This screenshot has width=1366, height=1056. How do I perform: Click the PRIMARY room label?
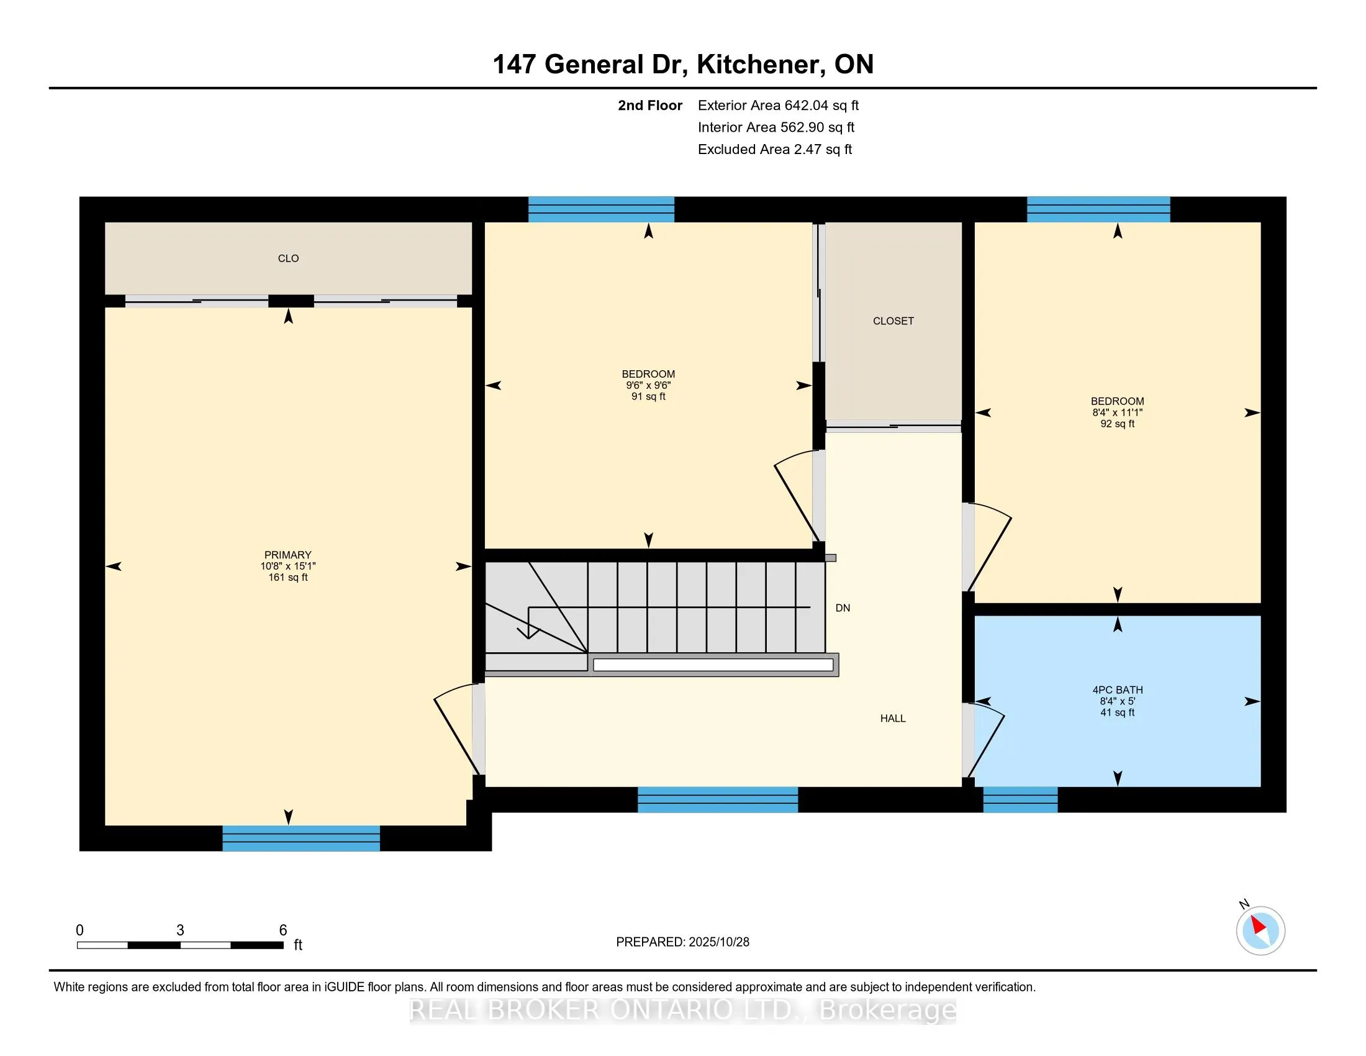point(287,555)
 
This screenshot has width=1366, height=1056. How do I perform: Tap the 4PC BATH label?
point(1118,690)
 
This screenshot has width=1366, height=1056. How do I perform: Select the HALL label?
point(893,718)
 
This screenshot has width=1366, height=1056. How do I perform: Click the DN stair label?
point(843,608)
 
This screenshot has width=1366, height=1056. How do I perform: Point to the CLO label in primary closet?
point(288,258)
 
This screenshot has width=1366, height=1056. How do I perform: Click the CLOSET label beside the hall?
point(893,321)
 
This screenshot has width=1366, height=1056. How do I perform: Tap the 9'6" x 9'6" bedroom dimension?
point(649,385)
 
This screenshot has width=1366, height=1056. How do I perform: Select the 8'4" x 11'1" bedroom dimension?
point(1118,413)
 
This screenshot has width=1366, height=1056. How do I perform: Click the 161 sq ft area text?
point(287,578)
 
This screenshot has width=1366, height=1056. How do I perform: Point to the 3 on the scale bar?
point(180,931)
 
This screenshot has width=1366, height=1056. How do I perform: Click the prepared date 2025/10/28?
point(718,942)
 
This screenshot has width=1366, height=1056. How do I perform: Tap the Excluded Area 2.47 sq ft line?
point(775,149)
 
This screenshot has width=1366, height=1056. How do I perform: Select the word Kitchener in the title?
point(758,65)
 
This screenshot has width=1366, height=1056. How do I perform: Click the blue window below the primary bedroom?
point(301,839)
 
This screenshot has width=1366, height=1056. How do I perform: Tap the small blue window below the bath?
point(1020,799)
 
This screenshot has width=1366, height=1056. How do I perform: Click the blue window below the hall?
point(717,799)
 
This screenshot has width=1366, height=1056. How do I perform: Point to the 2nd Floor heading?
point(650,105)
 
